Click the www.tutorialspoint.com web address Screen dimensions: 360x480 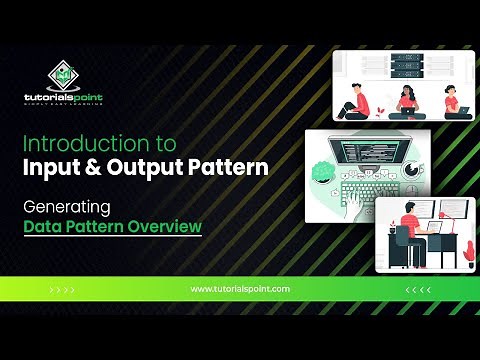tap(239, 289)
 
